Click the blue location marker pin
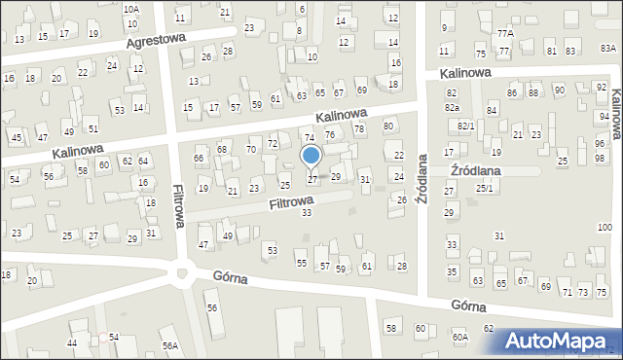311,156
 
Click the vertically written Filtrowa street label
179,206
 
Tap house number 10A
131,9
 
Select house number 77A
504,33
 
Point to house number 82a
452,107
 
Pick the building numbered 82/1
466,126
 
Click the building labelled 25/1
484,189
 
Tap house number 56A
170,345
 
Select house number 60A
459,336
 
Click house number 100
605,228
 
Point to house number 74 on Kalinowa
309,139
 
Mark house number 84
492,111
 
